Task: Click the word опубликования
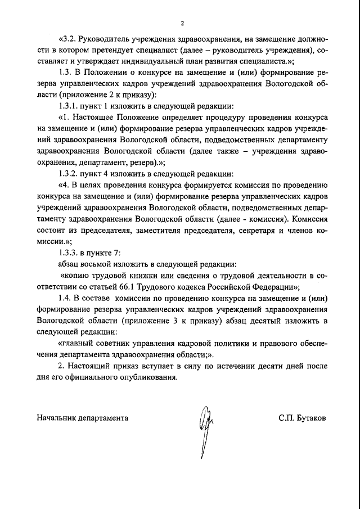point(145,377)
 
